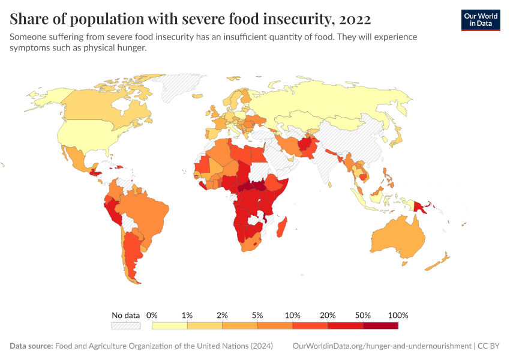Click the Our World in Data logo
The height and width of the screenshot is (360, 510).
pyautogui.click(x=480, y=20)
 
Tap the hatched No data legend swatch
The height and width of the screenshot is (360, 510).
pyautogui.click(x=125, y=325)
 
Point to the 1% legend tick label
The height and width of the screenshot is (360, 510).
pyautogui.click(x=187, y=315)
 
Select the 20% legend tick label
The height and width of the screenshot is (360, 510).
pyautogui.click(x=328, y=315)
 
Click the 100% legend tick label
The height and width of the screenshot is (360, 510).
pyautogui.click(x=398, y=315)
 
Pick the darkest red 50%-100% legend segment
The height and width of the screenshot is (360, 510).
pyautogui.click(x=380, y=325)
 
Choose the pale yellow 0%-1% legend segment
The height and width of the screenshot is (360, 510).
pyautogui.click(x=170, y=325)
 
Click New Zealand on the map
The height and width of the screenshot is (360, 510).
pyautogui.click(x=443, y=259)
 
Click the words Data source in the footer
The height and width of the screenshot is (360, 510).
pyautogui.click(x=31, y=346)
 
